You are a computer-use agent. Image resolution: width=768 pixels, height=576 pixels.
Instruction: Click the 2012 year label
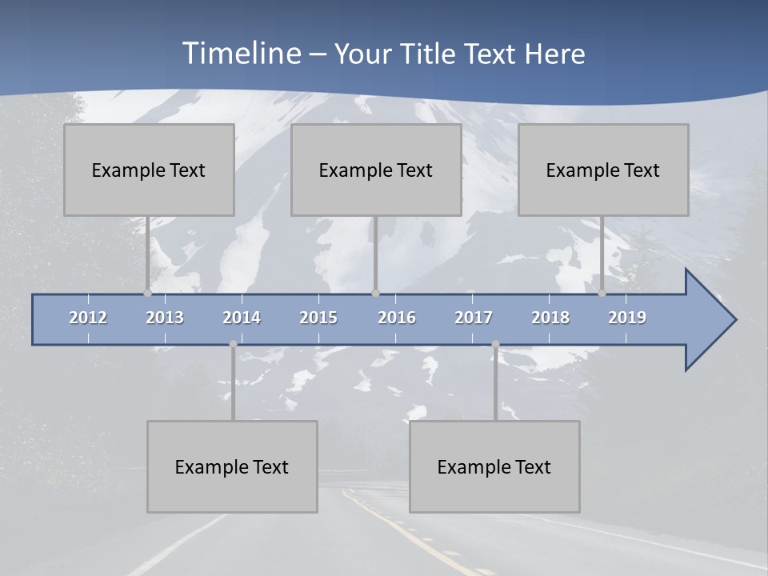[88, 318]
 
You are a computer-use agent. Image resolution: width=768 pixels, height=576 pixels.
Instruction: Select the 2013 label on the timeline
[165, 318]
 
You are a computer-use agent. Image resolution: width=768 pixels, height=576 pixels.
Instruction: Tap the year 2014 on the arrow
[242, 318]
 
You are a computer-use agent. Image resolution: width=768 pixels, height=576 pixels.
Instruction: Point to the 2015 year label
[318, 318]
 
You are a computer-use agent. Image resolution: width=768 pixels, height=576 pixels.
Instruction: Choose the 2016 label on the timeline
[397, 318]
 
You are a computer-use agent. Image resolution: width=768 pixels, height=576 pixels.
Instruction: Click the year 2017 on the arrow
[474, 318]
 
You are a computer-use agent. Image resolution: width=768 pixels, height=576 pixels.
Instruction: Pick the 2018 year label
[550, 318]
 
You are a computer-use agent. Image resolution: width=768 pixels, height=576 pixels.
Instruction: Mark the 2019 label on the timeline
[627, 318]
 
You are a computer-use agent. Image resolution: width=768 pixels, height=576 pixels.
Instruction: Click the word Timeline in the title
[240, 54]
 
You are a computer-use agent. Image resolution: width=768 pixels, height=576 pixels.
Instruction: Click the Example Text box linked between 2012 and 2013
[149, 170]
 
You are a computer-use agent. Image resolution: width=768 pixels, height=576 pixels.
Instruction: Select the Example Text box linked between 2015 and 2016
[376, 170]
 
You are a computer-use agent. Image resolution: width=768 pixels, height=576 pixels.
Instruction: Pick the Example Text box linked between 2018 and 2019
[603, 170]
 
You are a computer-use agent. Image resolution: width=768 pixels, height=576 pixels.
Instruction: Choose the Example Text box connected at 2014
[232, 466]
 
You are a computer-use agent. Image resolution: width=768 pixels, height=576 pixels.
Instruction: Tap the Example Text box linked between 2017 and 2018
[494, 466]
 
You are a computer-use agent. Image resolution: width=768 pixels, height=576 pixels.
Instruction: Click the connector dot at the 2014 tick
[233, 344]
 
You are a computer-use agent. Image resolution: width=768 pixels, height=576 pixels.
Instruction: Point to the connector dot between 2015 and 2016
[375, 293]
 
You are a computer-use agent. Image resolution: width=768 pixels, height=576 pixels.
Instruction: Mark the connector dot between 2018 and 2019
[602, 293]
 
